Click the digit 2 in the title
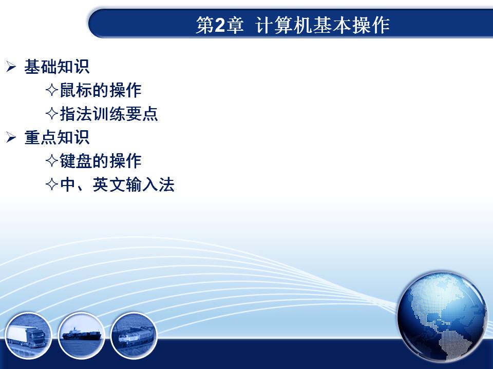220,25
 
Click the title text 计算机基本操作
323,25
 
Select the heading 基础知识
57,67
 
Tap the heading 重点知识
57,137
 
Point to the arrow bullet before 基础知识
11,67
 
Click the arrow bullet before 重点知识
11,137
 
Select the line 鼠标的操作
101,90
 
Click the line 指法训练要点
109,114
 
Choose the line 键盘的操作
101,161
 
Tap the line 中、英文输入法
117,184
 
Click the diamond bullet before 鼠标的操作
52,90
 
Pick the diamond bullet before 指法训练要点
52,114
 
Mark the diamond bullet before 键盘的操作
52,161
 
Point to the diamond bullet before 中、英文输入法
52,184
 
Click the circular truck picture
28,336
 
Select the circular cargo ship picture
81,336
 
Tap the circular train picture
134,336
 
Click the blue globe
442,316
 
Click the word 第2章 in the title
220,25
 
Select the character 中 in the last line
68,184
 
